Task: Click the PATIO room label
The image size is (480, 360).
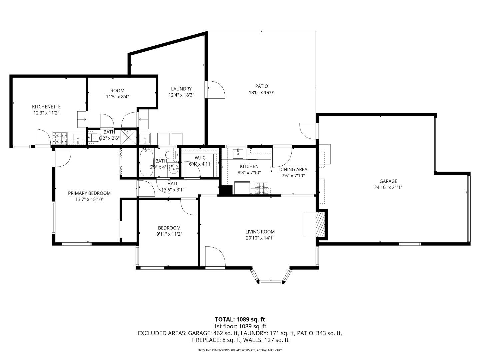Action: point(262,86)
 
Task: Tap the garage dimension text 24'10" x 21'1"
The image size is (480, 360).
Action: point(388,187)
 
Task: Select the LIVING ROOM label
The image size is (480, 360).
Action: point(260,232)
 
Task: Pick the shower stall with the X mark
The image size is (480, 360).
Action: point(129,137)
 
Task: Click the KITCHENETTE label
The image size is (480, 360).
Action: point(46,107)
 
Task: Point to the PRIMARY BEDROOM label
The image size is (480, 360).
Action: point(89,193)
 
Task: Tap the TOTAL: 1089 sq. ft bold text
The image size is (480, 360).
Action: point(240,320)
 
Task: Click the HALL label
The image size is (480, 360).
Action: point(173,184)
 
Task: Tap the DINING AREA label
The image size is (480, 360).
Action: point(293,169)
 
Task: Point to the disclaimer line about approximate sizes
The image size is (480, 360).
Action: point(240,350)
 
